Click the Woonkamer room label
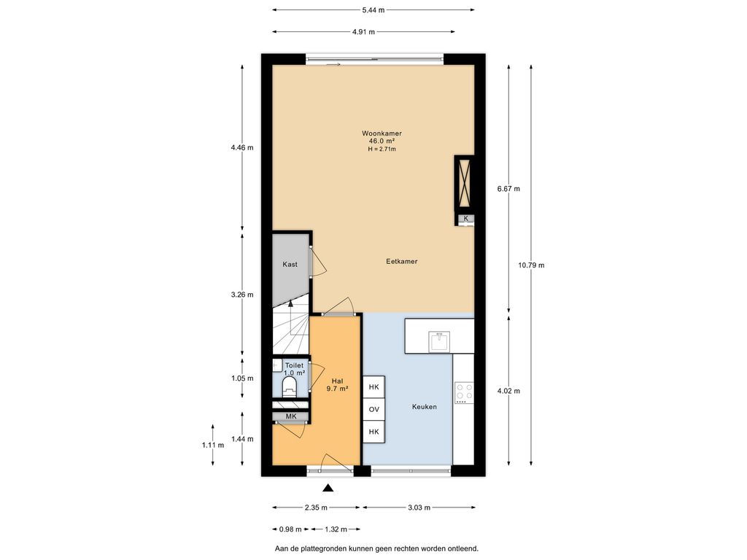[x=382, y=133]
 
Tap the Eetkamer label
[x=402, y=262]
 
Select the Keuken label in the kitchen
[x=424, y=407]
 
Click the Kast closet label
[x=290, y=264]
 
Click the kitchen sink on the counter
[x=438, y=341]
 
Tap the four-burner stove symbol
[x=464, y=392]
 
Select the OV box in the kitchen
[x=374, y=410]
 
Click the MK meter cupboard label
[x=290, y=416]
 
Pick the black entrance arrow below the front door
[x=328, y=488]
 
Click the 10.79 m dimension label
[x=531, y=265]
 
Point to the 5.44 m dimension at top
[x=374, y=10]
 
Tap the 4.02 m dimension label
[x=508, y=391]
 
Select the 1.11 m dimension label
[x=212, y=446]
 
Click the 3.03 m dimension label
[x=419, y=507]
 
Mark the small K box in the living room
[x=466, y=219]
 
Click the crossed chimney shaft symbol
[x=464, y=182]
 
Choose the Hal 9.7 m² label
[x=337, y=385]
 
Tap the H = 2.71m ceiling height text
[x=382, y=149]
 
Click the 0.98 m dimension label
[x=290, y=529]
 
